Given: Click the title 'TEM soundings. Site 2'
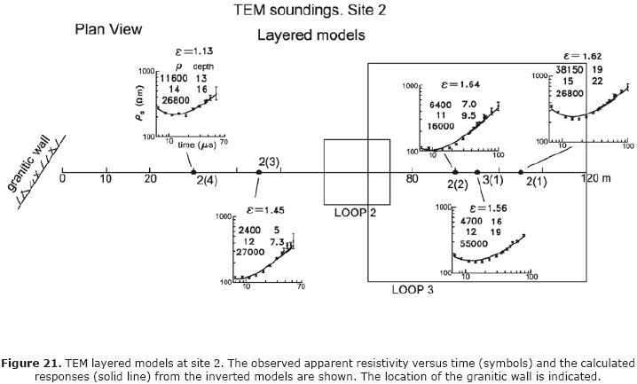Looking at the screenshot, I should [x=310, y=11].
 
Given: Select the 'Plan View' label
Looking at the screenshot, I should [x=107, y=29].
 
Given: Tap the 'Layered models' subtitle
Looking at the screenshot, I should [x=311, y=35].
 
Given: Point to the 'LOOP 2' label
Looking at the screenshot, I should [x=356, y=213].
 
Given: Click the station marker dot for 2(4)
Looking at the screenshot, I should [x=193, y=172].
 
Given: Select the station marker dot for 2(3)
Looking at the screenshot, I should [x=258, y=172].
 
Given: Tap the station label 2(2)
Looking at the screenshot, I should [x=457, y=184].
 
